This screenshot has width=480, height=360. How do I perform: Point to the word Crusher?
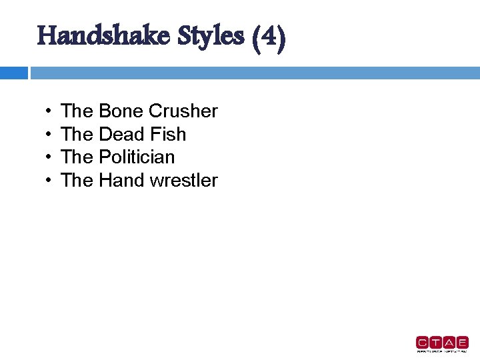coord(183,111)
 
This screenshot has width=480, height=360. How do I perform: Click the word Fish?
coord(168,135)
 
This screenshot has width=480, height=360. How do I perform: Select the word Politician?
coord(137,157)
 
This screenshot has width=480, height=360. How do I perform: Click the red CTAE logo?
coord(441,343)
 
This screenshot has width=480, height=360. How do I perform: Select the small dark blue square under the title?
coord(13,73)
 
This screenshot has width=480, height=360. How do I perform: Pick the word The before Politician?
coord(77,157)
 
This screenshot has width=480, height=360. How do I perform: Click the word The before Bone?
coord(77,111)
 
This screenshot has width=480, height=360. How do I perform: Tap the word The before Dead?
coord(77,135)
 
